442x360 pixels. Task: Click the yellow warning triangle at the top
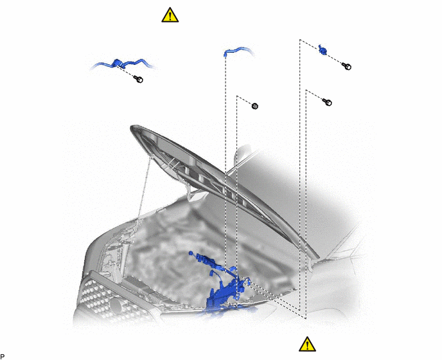[170, 15]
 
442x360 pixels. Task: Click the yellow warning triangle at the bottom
[307, 344]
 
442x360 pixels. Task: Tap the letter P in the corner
[3, 357]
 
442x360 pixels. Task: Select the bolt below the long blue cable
[138, 79]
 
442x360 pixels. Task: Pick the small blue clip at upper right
[323, 50]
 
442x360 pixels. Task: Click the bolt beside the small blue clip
[347, 66]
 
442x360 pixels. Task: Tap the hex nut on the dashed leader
[255, 106]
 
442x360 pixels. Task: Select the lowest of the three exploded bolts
[327, 102]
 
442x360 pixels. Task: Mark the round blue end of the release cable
[191, 253]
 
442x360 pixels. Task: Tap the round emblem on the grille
[116, 305]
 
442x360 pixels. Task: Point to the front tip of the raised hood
[132, 129]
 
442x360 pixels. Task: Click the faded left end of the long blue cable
[93, 67]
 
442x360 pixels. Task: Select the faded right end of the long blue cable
[154, 67]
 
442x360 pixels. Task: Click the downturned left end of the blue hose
[225, 55]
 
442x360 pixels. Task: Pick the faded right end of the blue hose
[252, 53]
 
